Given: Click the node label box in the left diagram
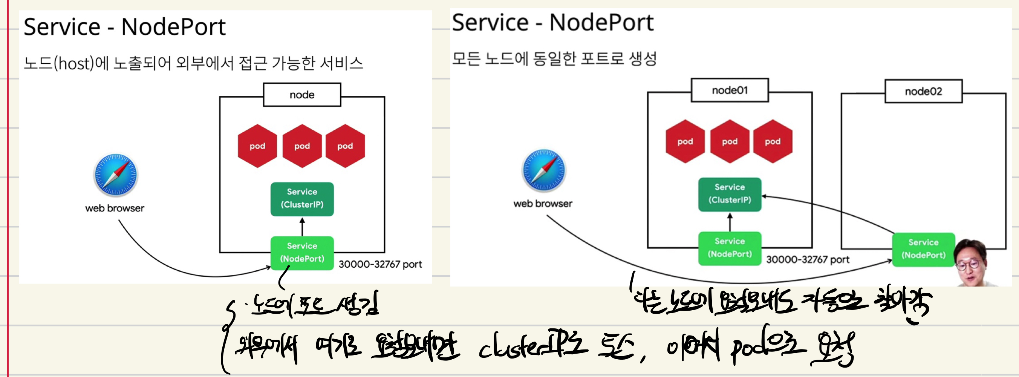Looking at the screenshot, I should [x=302, y=95].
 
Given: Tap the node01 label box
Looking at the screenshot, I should [x=730, y=90].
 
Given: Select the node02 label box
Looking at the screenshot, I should [x=923, y=92].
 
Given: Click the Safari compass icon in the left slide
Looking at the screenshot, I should [x=116, y=175].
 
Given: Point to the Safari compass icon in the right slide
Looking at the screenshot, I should [x=544, y=170].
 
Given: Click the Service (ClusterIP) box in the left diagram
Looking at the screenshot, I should [x=302, y=199].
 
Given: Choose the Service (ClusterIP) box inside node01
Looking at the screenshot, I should [x=730, y=194].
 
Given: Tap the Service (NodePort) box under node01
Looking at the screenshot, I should [x=730, y=248].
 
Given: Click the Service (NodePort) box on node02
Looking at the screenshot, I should [x=923, y=249].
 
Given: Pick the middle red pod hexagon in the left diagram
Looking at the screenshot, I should [x=302, y=146].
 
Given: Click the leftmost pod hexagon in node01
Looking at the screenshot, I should [x=685, y=142].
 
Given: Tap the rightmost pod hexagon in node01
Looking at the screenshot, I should [x=773, y=142].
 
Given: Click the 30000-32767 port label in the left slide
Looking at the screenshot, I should [x=380, y=264].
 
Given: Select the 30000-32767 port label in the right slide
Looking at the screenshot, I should [x=807, y=260].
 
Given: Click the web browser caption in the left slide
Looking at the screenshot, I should [x=115, y=208].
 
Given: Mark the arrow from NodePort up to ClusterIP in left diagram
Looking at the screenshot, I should [x=302, y=226].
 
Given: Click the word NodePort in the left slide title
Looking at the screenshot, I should [x=173, y=27].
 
